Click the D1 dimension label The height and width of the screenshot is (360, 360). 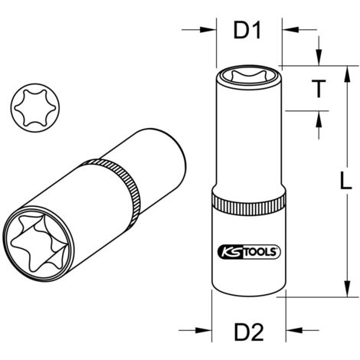coord(247,31)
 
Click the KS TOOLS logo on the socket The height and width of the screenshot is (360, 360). coord(247,250)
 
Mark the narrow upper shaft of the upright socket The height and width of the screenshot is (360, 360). coord(247,146)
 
